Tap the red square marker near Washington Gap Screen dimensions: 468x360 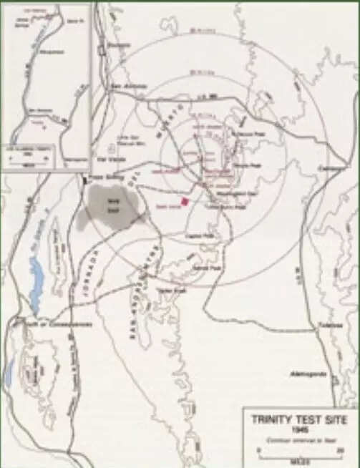pos(184,202)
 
